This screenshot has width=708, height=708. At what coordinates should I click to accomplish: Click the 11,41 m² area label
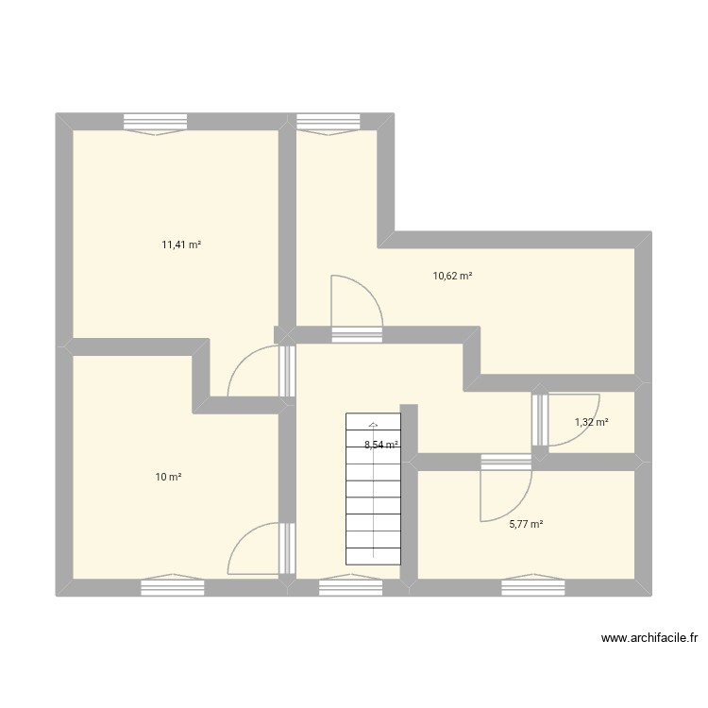pyautogui.click(x=181, y=244)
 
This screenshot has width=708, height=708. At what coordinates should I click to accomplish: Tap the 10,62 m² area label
pyautogui.click(x=452, y=276)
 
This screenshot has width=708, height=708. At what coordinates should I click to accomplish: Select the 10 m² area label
pyautogui.click(x=169, y=478)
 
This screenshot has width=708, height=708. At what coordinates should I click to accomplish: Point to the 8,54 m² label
pyautogui.click(x=381, y=445)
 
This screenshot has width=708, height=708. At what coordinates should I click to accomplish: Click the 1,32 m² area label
pyautogui.click(x=592, y=422)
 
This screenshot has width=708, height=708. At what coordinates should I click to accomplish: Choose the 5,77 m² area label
pyautogui.click(x=526, y=525)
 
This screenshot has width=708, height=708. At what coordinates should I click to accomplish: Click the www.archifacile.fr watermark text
pyautogui.click(x=649, y=639)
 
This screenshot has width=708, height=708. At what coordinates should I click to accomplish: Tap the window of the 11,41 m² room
pyautogui.click(x=156, y=122)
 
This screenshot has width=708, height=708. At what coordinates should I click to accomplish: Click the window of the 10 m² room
pyautogui.click(x=173, y=587)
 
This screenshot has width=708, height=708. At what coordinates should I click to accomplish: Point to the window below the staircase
pyautogui.click(x=350, y=587)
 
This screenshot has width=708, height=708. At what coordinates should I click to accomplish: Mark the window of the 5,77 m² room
pyautogui.click(x=532, y=587)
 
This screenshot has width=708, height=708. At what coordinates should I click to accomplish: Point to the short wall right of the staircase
pyautogui.click(x=410, y=491)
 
